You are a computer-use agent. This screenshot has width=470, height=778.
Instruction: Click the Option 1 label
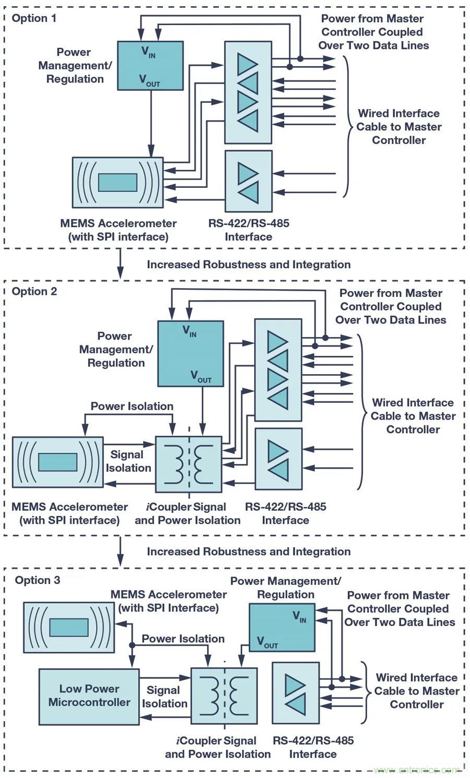click(x=34, y=18)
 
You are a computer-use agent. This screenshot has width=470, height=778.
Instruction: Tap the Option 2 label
click(x=34, y=291)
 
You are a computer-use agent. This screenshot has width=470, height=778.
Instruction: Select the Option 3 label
click(x=37, y=580)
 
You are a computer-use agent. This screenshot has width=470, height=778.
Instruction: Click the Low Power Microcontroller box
click(x=89, y=696)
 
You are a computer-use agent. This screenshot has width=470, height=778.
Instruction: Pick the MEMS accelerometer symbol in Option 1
click(x=118, y=182)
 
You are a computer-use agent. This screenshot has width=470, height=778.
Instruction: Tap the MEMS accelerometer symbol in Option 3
click(x=68, y=627)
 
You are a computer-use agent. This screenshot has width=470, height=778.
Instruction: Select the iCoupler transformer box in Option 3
click(x=224, y=696)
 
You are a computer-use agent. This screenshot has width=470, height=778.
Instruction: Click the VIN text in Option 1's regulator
click(x=148, y=52)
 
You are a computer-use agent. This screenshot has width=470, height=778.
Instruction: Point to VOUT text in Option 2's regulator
click(x=201, y=376)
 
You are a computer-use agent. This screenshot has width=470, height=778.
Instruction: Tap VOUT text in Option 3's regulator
click(x=267, y=642)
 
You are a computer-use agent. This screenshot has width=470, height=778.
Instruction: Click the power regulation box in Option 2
click(x=190, y=353)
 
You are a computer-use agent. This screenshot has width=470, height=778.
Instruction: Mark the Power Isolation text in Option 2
click(x=132, y=406)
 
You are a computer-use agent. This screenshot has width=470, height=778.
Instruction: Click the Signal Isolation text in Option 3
click(x=164, y=697)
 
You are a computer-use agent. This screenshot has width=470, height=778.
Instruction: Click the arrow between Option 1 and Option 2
click(x=120, y=264)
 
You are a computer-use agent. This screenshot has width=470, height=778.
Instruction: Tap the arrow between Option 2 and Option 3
click(x=120, y=550)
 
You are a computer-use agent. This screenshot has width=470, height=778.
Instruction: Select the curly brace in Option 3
click(x=365, y=691)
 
